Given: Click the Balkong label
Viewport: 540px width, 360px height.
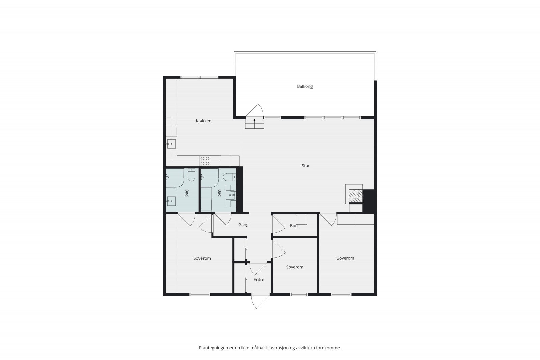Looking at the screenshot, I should pos(305,86).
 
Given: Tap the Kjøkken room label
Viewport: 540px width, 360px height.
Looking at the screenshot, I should pos(204,121).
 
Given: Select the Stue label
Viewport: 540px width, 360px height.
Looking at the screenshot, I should pos(306,166).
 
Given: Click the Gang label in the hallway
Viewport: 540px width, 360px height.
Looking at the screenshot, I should pos(243,225).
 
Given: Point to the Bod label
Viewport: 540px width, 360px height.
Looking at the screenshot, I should pos(294,226).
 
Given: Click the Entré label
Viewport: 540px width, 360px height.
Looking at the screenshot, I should pos(259,280).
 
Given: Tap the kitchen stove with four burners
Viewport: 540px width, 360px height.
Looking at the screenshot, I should pos(205,161).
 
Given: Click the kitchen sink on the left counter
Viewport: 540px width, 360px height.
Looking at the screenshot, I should pos(171,144).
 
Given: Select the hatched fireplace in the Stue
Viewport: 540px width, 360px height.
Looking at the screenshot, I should pos(355,196).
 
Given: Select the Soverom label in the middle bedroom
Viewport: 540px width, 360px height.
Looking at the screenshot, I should pos(295,267).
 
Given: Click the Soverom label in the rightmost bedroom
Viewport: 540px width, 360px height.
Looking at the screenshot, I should pos(345,258).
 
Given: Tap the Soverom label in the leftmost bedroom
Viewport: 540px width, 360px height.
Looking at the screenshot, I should pos(202,258).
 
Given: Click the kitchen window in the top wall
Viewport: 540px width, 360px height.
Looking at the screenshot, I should pos(199,77).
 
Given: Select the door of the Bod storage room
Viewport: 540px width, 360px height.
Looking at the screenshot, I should pos(278,224).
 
